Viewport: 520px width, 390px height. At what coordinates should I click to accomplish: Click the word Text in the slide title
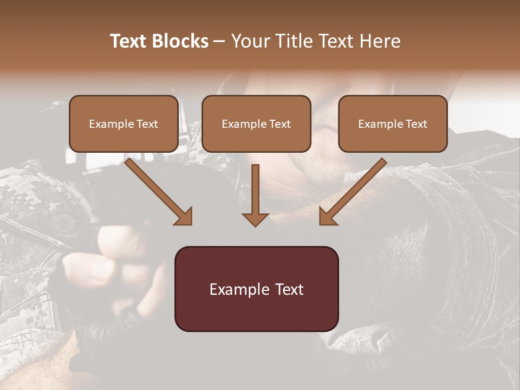tap(129, 41)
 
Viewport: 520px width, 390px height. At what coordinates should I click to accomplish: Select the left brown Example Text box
tap(123, 123)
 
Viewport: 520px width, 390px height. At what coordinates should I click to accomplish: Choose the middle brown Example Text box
tap(256, 123)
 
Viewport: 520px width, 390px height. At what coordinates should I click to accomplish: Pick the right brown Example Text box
tap(393, 123)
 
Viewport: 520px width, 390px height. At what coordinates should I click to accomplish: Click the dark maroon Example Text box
tap(256, 289)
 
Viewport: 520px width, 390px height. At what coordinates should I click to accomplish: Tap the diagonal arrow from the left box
tap(157, 190)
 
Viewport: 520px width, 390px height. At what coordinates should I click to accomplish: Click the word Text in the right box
tap(416, 124)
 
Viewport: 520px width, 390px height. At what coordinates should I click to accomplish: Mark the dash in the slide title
tap(219, 41)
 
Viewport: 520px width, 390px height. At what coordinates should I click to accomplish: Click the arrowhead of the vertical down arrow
tap(255, 219)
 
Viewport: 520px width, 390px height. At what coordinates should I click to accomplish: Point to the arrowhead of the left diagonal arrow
tap(184, 217)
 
